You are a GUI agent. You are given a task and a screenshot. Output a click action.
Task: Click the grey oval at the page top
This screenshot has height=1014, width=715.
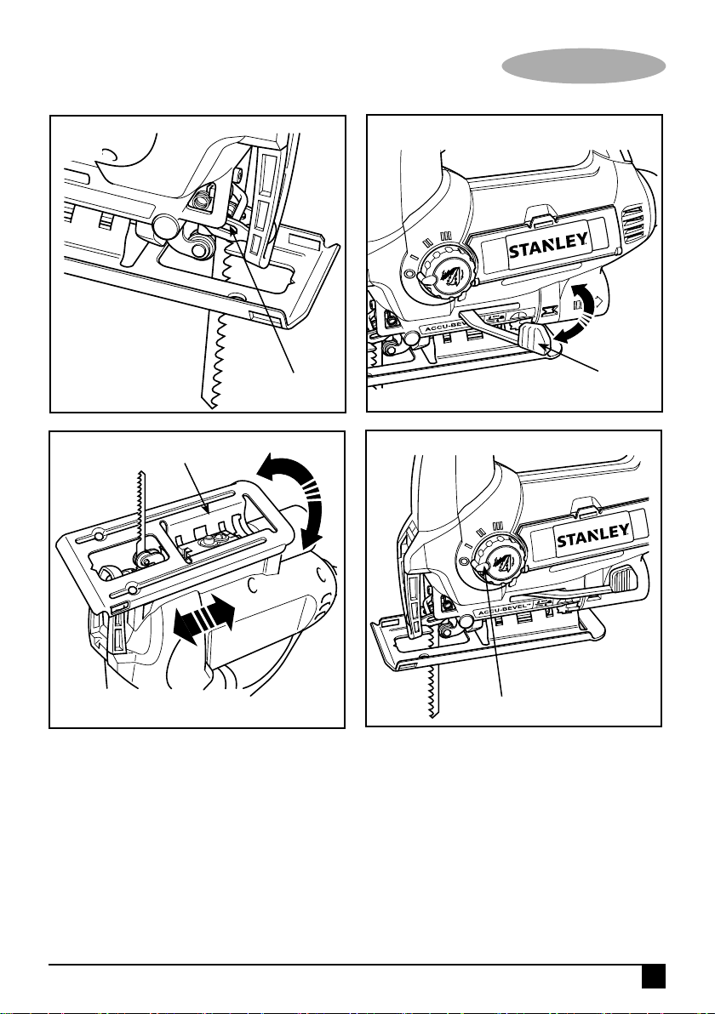pyautogui.click(x=584, y=66)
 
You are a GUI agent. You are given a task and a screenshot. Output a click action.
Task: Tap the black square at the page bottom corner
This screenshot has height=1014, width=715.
pyautogui.click(x=654, y=977)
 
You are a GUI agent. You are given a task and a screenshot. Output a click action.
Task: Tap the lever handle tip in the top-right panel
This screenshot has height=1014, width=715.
pyautogui.click(x=535, y=339)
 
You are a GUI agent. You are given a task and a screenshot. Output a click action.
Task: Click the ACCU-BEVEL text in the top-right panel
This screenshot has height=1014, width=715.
pyautogui.click(x=447, y=328)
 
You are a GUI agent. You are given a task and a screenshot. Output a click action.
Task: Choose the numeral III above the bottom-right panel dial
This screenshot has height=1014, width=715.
pyautogui.click(x=498, y=525)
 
